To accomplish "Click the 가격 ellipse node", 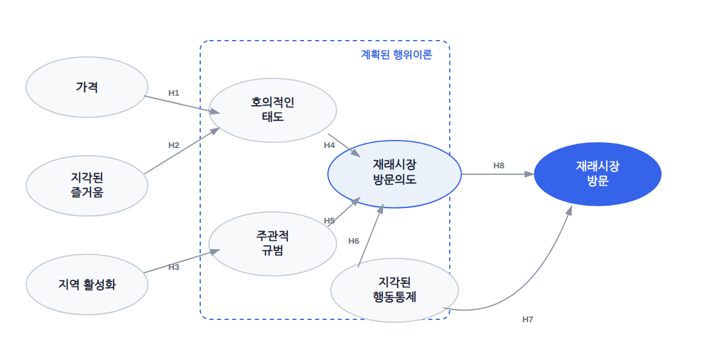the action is (87, 87).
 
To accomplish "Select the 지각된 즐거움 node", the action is (87, 186).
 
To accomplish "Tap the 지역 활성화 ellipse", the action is (87, 285).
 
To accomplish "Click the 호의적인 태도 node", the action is (272, 110).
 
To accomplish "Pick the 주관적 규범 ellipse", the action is (272, 244).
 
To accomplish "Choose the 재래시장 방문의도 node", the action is (395, 174).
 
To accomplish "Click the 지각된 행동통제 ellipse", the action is (395, 290).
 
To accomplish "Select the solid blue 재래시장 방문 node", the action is (597, 174).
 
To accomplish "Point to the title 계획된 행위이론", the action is (396, 55).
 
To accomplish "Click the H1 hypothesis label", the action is (174, 93).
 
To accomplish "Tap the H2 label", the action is (174, 145).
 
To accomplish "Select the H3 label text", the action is (174, 267).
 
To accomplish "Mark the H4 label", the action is (330, 145).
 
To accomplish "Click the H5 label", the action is (330, 221).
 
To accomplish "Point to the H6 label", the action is (353, 241).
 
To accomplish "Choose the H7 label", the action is (528, 319).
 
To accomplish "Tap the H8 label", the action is (499, 165).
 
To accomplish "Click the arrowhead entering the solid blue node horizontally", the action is (529, 174).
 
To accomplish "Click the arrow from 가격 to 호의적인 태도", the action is (182, 105).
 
